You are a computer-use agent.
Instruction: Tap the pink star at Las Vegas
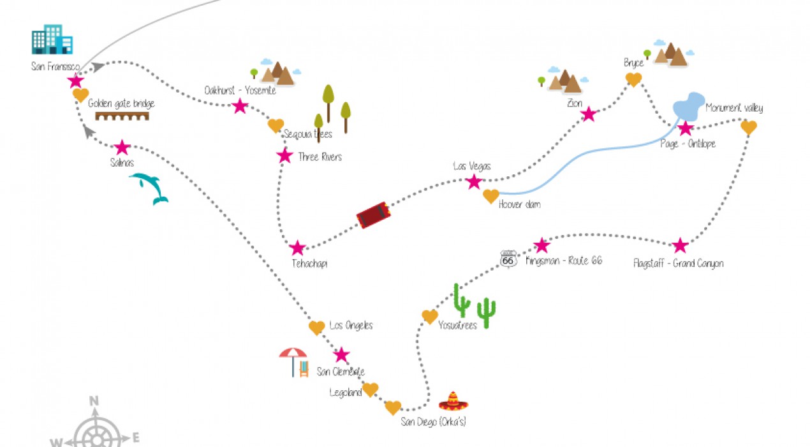click(x=473, y=182)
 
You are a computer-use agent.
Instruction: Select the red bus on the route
click(x=373, y=215)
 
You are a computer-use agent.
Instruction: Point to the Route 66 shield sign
click(x=508, y=259)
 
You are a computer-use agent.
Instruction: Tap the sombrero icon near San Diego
click(x=453, y=401)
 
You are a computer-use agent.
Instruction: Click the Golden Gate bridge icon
click(x=122, y=116)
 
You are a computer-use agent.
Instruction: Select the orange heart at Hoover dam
click(x=490, y=196)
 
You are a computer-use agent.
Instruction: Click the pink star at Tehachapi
click(x=297, y=248)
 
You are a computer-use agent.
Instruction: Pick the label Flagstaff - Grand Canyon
click(x=678, y=263)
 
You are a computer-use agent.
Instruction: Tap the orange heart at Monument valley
click(x=749, y=128)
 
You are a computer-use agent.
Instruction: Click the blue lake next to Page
click(x=688, y=107)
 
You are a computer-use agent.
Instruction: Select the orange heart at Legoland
click(x=371, y=389)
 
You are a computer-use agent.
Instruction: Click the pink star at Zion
click(x=589, y=114)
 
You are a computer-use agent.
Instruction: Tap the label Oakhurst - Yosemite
click(x=240, y=90)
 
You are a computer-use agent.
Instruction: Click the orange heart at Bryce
click(x=633, y=79)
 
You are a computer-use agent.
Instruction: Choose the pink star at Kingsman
click(x=541, y=245)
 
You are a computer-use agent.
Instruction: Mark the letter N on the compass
click(x=94, y=401)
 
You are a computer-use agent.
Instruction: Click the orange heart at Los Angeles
click(x=317, y=328)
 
